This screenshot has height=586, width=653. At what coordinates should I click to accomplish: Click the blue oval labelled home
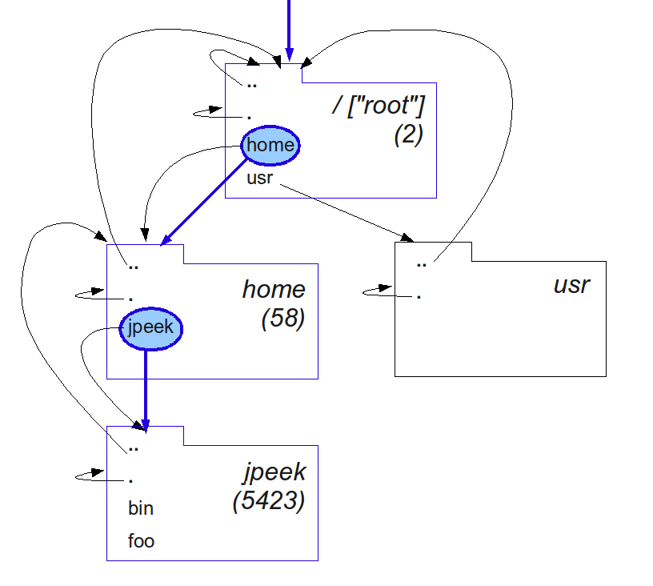270,146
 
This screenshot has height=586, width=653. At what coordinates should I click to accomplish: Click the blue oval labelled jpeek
151,327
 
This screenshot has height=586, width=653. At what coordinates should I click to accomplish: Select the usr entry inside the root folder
260,178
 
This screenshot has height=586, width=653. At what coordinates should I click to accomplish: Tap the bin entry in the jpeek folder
141,508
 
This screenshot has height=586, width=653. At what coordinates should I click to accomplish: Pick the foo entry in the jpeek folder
141,541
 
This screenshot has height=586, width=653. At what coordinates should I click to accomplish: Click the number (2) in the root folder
408,134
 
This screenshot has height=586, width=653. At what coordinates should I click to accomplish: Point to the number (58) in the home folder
283,319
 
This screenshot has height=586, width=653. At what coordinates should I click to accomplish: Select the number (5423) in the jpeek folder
269,501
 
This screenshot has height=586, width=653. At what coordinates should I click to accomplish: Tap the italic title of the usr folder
571,284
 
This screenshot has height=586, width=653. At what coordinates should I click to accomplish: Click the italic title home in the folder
274,289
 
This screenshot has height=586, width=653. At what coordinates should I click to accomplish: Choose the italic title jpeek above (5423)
274,472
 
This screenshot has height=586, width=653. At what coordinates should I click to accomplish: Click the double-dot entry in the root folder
252,83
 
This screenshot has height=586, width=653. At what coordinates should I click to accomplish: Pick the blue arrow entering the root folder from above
290,28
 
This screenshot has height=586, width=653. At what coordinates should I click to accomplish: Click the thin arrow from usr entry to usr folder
344,212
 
